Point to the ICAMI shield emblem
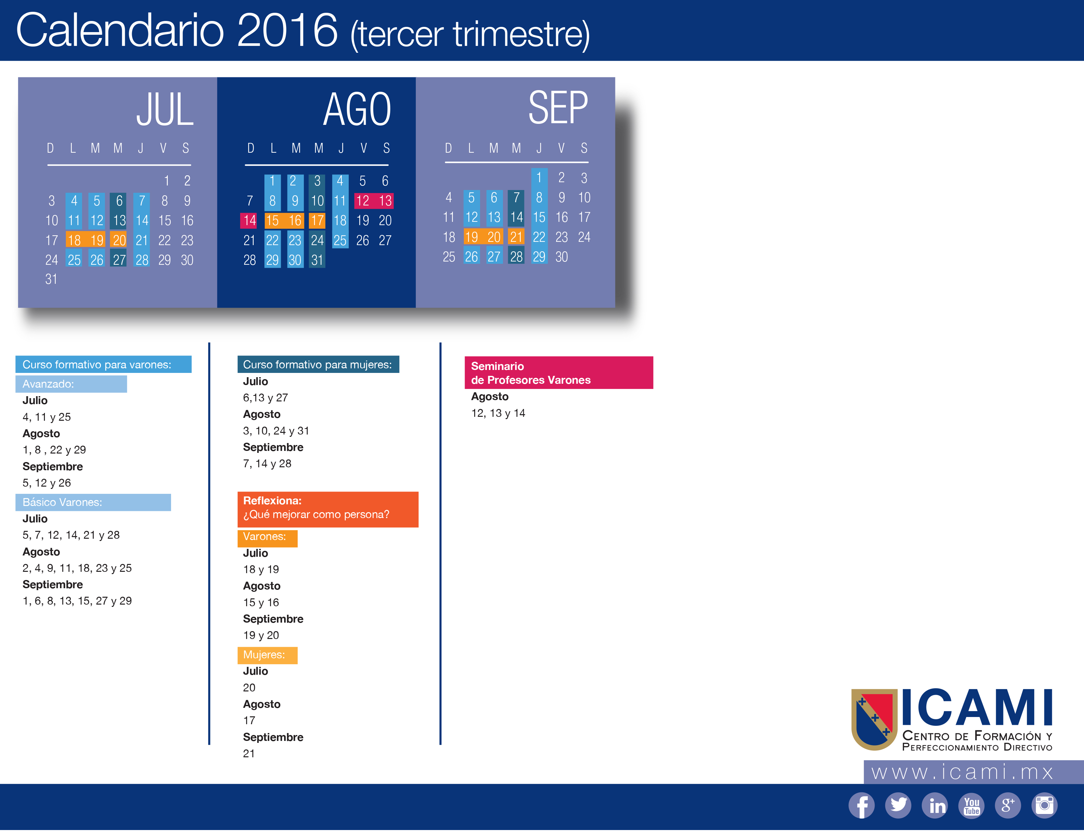pyautogui.click(x=874, y=719)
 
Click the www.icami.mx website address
pyautogui.click(x=963, y=772)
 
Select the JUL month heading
pyautogui.click(x=165, y=109)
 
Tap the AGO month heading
pyautogui.click(x=357, y=109)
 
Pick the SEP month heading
pyautogui.click(x=558, y=107)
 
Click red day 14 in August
pyautogui.click(x=249, y=221)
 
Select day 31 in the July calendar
pyautogui.click(x=51, y=279)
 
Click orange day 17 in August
pyautogui.click(x=317, y=221)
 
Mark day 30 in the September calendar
pyautogui.click(x=562, y=257)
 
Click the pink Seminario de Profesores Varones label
pyautogui.click(x=559, y=373)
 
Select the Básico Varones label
pyautogui.click(x=93, y=502)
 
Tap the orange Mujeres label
pyautogui.click(x=267, y=655)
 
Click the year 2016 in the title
pyautogui.click(x=287, y=31)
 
